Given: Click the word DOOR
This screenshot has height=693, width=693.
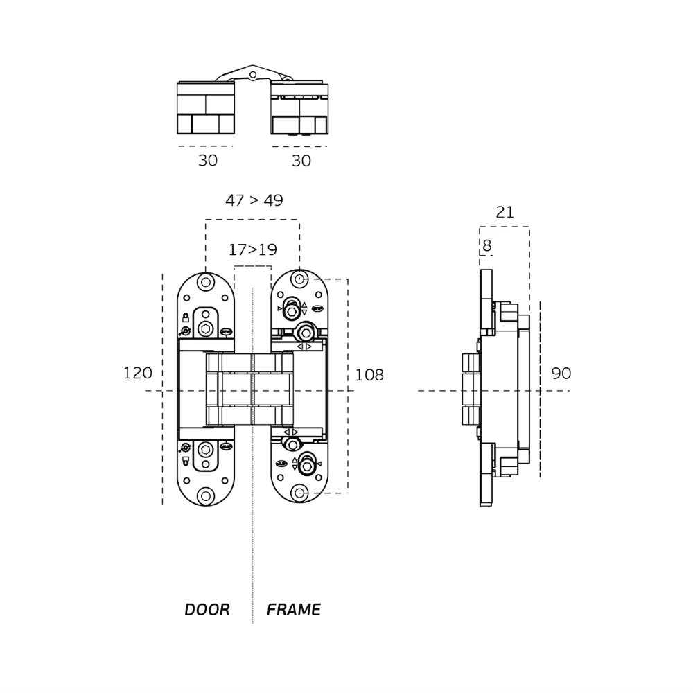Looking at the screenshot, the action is pos(207,610).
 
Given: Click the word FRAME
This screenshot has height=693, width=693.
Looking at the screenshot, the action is pos(293,610).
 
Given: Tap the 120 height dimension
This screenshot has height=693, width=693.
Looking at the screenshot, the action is pos(137,374).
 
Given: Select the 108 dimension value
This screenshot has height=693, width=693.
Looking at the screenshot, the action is pos(369,375).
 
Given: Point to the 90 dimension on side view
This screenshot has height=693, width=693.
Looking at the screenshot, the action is pos(561,374).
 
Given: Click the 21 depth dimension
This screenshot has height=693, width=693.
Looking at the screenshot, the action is pos(505,213).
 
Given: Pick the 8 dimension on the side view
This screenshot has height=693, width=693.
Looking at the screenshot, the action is pos(486,246).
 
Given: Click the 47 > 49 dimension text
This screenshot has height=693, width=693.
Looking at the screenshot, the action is pos(254,200).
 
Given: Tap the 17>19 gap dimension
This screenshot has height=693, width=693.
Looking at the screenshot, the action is pos(253,249).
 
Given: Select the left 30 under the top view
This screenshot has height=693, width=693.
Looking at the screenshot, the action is pos(208,161).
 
